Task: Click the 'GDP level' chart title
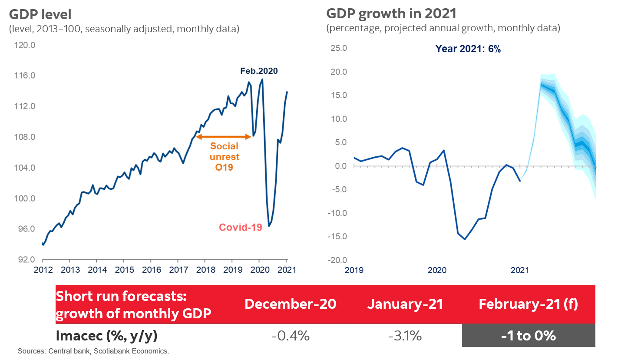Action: [x=40, y=15]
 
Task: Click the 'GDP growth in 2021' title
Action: [x=391, y=14]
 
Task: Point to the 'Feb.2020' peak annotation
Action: [x=259, y=71]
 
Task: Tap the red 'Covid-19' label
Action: [x=241, y=228]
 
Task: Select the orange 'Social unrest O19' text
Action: [x=225, y=157]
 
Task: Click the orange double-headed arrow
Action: [x=224, y=137]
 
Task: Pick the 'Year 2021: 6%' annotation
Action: [x=468, y=49]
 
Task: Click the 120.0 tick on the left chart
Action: [x=25, y=45]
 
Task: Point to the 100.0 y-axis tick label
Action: [x=25, y=198]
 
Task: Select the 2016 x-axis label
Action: [x=152, y=270]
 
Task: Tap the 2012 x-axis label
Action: [x=43, y=270]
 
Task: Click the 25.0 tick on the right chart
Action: [x=339, y=48]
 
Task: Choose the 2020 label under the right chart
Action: [x=437, y=271]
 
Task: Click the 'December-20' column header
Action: [x=291, y=304]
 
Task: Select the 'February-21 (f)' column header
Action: [x=528, y=304]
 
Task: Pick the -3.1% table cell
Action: [x=406, y=336]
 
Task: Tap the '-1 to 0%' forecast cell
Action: [x=528, y=336]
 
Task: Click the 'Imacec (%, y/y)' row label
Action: [x=106, y=336]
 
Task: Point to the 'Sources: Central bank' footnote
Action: [x=93, y=351]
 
